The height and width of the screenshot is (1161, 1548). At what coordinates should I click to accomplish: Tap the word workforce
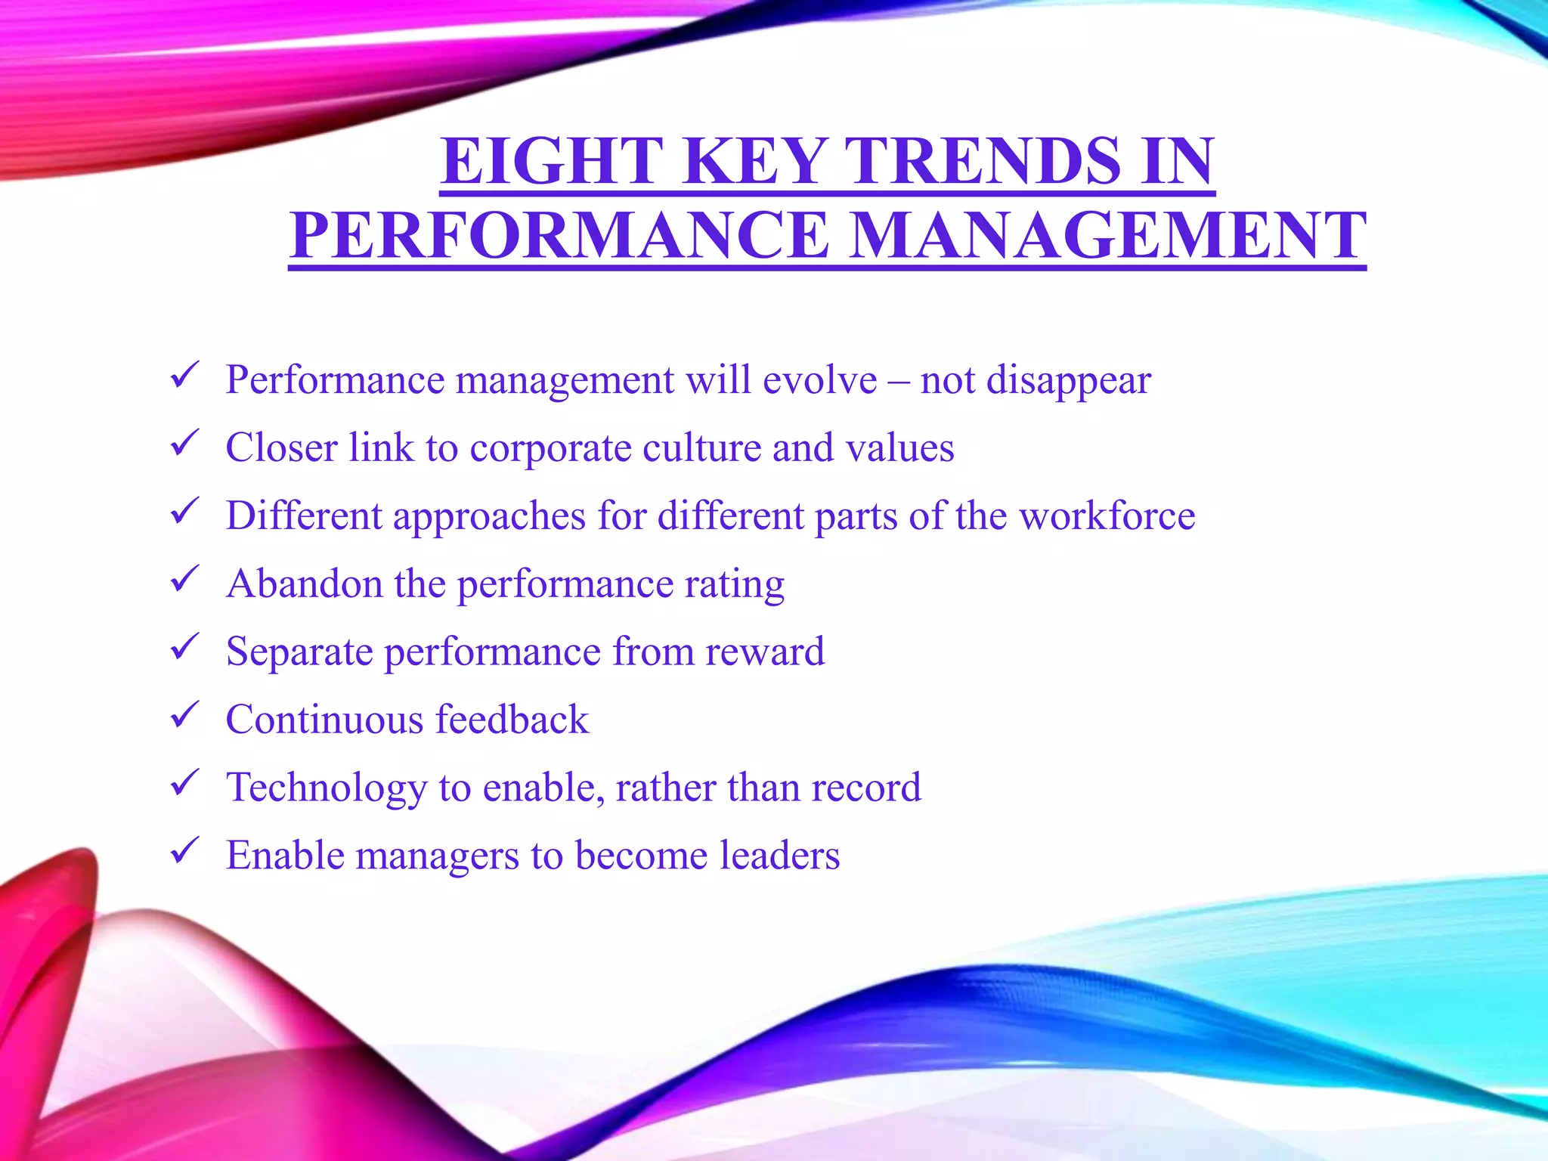[1107, 515]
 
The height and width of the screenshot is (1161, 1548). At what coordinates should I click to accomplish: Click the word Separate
[299, 652]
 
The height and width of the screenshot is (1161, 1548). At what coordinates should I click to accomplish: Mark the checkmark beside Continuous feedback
[184, 715]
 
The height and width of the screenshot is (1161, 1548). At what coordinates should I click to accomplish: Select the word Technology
[327, 788]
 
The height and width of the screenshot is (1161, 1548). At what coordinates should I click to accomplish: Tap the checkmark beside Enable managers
[184, 851]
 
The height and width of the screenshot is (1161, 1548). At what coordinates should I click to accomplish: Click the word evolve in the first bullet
[819, 379]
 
